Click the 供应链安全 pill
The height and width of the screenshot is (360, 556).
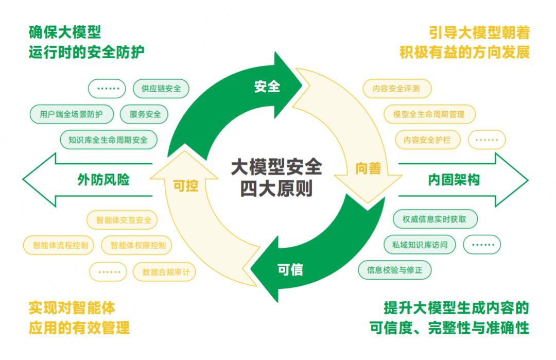click(161, 89)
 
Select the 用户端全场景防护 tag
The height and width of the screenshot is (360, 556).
click(71, 114)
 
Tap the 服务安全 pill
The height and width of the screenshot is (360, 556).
click(145, 114)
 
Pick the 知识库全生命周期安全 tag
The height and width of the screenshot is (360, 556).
click(108, 140)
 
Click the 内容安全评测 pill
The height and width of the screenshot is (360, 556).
click(396, 89)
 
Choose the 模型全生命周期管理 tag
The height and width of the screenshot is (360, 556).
click(429, 114)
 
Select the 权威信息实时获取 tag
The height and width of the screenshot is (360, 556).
click(435, 219)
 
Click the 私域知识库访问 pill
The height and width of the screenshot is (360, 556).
click(420, 245)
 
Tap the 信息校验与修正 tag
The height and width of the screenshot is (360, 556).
click(395, 270)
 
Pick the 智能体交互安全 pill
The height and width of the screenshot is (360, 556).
click(124, 220)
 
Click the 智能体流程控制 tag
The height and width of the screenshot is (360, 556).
click(60, 246)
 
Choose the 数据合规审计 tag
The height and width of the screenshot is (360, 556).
click(166, 271)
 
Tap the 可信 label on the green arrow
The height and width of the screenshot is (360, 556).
click(290, 269)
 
